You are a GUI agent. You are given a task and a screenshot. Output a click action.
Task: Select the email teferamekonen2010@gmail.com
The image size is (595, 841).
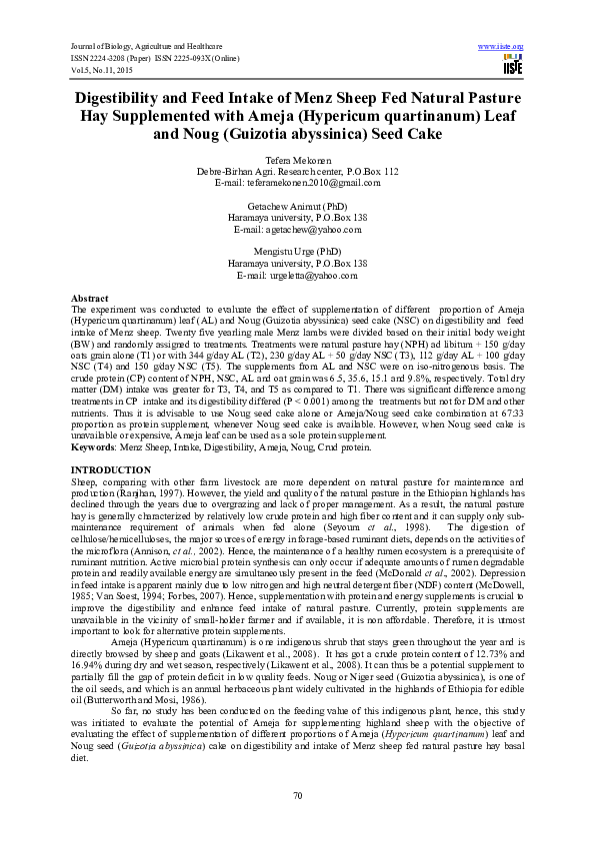coord(297,182)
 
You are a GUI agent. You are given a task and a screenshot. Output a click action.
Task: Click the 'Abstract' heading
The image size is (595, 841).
coord(90,299)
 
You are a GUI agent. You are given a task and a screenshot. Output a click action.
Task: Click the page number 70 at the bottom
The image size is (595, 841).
coord(297,795)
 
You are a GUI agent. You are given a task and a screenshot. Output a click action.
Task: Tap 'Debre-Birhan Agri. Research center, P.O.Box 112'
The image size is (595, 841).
coord(297,172)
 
